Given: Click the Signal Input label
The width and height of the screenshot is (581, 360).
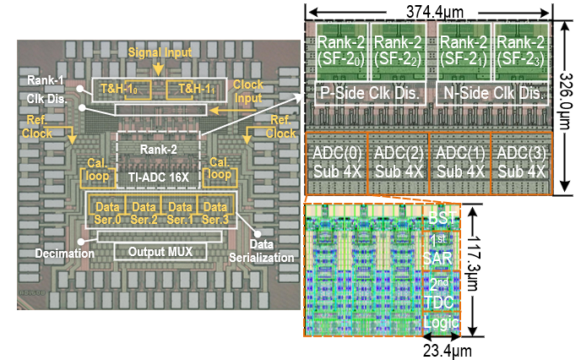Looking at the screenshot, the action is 160,52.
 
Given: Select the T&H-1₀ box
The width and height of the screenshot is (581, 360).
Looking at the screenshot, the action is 138,90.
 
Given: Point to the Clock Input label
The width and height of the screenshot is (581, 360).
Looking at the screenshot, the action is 248,91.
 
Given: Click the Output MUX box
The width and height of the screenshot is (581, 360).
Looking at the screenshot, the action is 160,252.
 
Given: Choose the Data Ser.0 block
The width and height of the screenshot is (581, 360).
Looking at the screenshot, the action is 107,213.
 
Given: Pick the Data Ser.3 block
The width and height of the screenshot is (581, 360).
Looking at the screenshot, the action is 215,213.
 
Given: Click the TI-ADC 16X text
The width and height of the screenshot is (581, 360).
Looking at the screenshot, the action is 159,177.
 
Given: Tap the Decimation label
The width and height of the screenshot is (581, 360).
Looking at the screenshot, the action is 65,254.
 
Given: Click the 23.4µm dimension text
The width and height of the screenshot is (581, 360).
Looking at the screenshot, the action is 448,351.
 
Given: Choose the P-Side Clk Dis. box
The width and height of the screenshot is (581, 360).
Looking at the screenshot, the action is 370,94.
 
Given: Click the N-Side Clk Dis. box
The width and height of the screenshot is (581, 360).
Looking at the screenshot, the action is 492,94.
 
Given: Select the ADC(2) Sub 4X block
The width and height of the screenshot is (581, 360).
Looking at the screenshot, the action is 399,163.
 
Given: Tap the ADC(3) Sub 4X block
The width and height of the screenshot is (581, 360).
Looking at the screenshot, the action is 521,163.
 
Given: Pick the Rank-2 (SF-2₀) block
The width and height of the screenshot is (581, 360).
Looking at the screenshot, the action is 341,52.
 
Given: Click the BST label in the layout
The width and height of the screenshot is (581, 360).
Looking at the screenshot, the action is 442,218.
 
